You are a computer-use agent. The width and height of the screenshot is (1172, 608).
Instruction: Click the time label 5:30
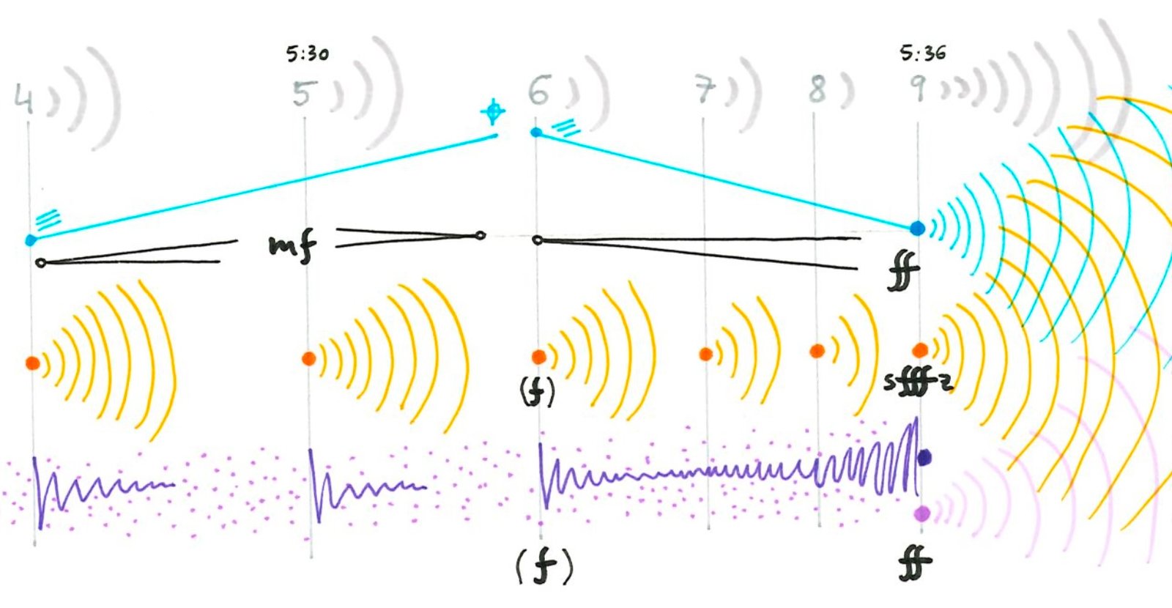308,53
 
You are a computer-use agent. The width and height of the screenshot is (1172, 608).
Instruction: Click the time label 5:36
923,53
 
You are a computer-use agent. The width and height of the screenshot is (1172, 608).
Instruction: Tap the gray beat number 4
23,99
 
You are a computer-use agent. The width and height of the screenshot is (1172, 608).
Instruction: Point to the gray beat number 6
538,92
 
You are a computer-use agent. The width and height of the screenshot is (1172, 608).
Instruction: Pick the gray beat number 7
704,91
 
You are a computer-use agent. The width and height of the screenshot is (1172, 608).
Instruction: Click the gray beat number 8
817,89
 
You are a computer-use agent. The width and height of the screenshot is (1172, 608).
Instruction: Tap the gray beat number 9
917,88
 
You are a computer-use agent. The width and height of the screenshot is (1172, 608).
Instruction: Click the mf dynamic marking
292,245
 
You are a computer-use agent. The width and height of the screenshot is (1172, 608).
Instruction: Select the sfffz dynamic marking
917,382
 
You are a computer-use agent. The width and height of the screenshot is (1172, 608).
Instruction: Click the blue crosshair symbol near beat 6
493,112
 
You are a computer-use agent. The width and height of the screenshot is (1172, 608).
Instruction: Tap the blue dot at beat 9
917,229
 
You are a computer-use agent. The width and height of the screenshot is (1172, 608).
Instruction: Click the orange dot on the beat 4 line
32,363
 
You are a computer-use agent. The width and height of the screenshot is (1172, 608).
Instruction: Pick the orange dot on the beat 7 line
705,355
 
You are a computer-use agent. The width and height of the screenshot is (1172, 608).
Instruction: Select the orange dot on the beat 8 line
817,352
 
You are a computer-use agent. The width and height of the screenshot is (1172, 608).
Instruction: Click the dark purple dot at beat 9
924,458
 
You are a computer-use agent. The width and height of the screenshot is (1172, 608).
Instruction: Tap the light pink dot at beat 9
922,514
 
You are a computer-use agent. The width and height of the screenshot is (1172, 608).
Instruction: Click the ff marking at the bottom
915,564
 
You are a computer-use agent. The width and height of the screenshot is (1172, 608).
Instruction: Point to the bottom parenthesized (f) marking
544,566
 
